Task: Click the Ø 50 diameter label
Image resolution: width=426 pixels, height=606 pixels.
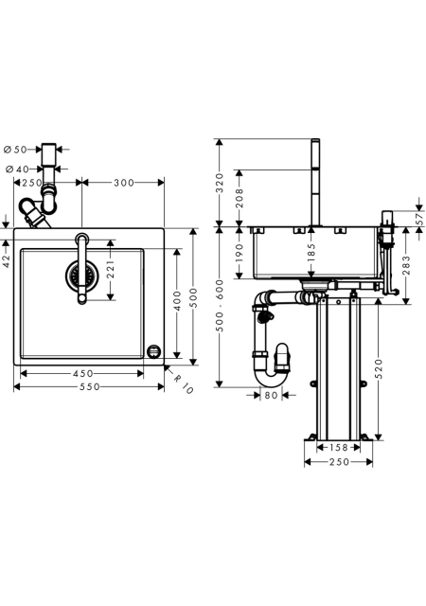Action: click(15, 150)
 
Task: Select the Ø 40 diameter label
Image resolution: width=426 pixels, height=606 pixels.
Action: click(17, 169)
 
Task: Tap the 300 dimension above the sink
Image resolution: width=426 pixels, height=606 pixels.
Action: click(124, 183)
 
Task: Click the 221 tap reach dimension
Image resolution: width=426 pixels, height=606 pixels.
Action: click(111, 270)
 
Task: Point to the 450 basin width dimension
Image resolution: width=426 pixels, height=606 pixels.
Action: click(83, 373)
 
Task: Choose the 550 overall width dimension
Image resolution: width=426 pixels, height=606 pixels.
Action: click(89, 386)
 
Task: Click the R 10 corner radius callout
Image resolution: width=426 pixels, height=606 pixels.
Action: click(183, 383)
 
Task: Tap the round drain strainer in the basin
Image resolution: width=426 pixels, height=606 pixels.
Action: click(81, 276)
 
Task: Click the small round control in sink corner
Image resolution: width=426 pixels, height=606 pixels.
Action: click(154, 351)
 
